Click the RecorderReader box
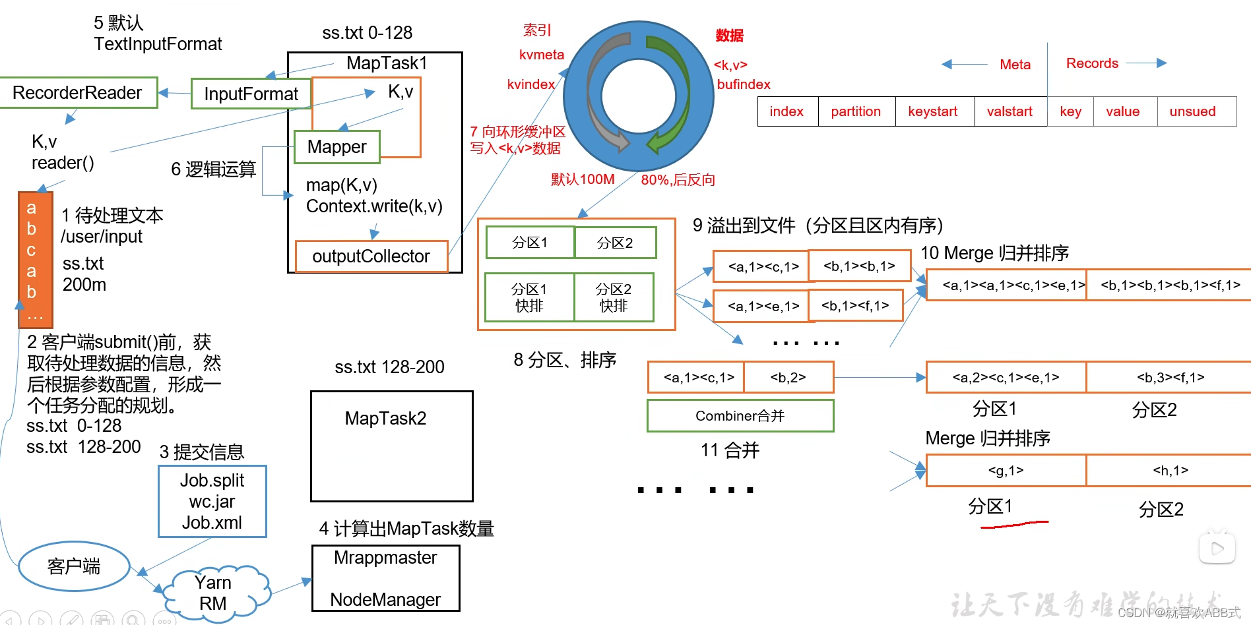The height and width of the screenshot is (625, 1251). pyautogui.click(x=78, y=93)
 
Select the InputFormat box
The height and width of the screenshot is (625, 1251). pyautogui.click(x=251, y=94)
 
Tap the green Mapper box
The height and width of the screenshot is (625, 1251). pyautogui.click(x=337, y=147)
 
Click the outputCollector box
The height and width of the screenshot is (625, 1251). pyautogui.click(x=371, y=256)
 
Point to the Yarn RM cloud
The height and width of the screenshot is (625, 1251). pyautogui.click(x=214, y=593)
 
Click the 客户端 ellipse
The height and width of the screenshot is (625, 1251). pyautogui.click(x=74, y=566)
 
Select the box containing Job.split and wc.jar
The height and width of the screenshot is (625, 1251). pyautogui.click(x=212, y=502)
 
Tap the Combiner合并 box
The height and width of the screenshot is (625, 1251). pyautogui.click(x=740, y=416)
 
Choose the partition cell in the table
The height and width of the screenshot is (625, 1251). pyautogui.click(x=856, y=111)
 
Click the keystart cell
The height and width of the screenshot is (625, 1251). pyautogui.click(x=933, y=111)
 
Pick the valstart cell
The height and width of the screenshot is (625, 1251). pyautogui.click(x=1010, y=111)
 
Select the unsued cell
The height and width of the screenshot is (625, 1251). pyautogui.click(x=1192, y=111)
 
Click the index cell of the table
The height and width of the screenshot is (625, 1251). pyautogui.click(x=786, y=111)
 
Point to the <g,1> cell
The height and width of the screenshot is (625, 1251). pyautogui.click(x=1006, y=471)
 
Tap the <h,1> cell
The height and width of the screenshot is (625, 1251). pyautogui.click(x=1170, y=471)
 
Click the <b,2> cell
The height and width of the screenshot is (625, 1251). pyautogui.click(x=788, y=378)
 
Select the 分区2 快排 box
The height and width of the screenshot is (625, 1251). pyautogui.click(x=613, y=297)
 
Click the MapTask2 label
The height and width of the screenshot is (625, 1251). pyautogui.click(x=385, y=419)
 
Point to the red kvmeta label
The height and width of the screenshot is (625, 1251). pyautogui.click(x=541, y=55)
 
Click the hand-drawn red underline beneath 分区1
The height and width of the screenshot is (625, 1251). pyautogui.click(x=1014, y=525)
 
